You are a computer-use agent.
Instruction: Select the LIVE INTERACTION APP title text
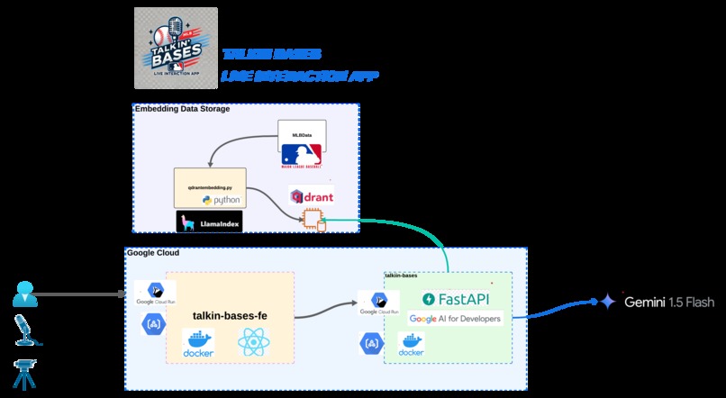coord(299,77)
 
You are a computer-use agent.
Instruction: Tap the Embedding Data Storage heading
coord(182,109)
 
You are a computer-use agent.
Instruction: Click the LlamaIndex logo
coord(209,222)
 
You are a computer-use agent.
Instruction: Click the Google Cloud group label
coord(153,253)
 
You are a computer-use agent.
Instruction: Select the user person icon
coord(24,294)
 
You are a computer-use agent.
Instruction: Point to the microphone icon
coord(24,329)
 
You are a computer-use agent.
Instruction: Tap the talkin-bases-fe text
coord(230,315)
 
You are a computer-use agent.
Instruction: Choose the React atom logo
coord(253,343)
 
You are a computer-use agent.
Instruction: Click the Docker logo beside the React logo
coord(197,344)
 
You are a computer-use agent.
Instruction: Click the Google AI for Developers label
coord(454,319)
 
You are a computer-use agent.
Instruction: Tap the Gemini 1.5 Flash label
coord(658,303)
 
